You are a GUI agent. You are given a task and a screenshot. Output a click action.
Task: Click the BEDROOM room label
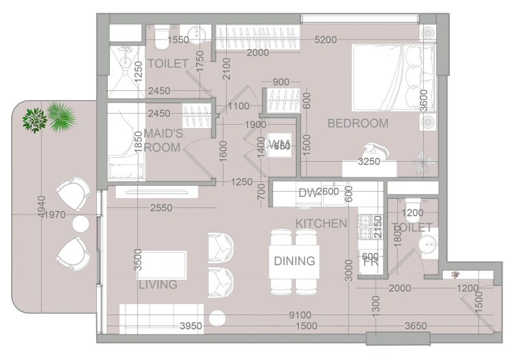click(357, 123)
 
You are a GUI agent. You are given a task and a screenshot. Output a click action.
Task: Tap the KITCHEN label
click(321, 224)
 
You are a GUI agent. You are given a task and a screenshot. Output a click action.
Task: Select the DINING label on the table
click(294, 261)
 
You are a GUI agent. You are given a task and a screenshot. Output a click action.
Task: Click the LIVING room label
click(158, 285)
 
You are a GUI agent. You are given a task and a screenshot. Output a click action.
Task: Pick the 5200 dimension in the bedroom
click(325, 40)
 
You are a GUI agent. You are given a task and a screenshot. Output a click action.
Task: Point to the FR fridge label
click(370, 263)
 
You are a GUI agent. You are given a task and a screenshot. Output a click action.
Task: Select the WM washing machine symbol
click(280, 144)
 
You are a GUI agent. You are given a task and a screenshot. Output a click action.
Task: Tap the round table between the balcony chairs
click(80, 224)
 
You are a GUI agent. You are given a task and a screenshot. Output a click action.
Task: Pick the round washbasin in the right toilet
click(427, 246)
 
